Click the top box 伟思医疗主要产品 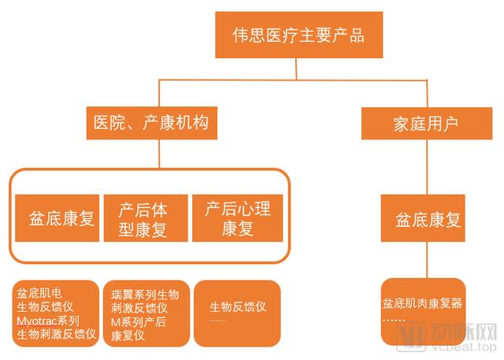[298, 35]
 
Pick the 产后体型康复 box [146, 218]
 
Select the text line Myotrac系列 [48, 321]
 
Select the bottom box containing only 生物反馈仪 [237, 313]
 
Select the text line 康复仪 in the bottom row [130, 335]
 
